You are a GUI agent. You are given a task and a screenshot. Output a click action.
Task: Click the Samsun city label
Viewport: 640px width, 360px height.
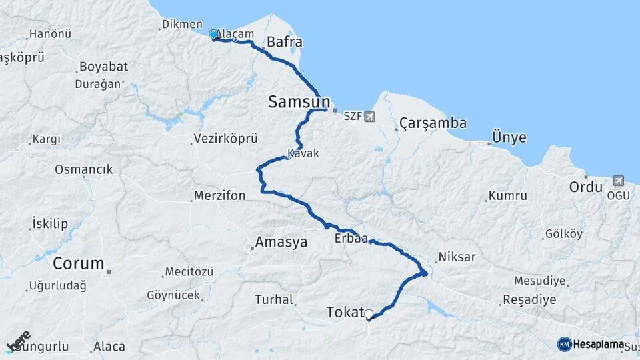click(299, 102)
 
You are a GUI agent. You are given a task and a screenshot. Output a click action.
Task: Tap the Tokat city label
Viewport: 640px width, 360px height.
click(345, 312)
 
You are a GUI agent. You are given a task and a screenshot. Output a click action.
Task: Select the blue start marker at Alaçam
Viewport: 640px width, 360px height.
click(213, 34)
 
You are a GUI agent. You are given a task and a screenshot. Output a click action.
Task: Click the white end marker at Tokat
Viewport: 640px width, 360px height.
click(368, 313)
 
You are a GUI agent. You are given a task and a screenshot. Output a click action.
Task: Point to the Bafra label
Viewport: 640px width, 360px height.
click(284, 43)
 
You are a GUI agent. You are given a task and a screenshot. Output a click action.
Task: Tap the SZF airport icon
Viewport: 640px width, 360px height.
click(369, 117)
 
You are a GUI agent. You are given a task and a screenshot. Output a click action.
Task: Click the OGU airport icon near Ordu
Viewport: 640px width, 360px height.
click(617, 181)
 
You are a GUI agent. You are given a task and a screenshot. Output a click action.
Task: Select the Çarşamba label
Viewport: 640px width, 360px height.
click(433, 123)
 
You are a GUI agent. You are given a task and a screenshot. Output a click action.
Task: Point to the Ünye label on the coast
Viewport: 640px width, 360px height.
click(509, 137)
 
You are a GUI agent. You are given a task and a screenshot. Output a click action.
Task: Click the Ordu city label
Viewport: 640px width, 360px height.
click(585, 187)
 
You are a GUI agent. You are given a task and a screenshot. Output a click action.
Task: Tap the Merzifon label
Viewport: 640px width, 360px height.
click(219, 196)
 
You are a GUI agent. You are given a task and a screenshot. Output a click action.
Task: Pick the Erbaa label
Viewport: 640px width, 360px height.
click(351, 239)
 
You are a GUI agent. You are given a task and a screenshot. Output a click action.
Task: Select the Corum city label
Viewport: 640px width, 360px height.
click(79, 263)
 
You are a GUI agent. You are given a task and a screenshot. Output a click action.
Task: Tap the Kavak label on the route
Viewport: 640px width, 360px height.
click(303, 153)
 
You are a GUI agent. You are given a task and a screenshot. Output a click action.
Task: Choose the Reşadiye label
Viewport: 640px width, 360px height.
click(529, 299)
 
